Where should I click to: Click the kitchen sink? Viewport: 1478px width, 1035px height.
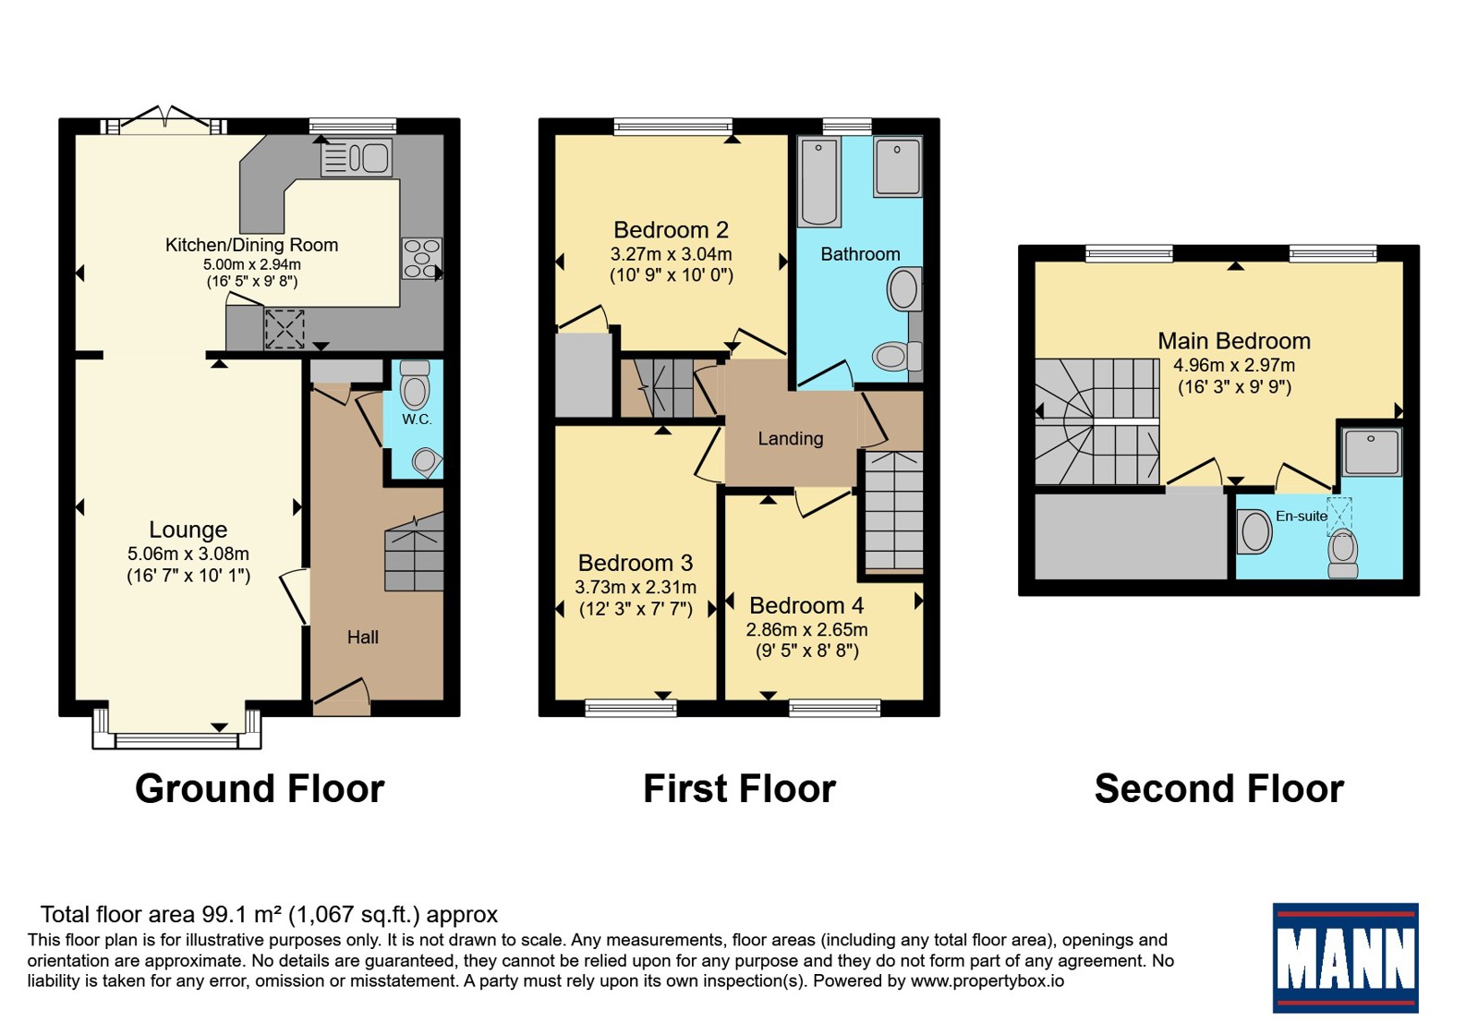357,157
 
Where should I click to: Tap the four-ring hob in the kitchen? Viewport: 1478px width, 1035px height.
421,258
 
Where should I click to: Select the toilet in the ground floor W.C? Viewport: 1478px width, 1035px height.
415,384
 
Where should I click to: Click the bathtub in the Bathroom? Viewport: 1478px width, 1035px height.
818,181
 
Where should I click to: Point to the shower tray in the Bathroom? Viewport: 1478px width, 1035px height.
897,166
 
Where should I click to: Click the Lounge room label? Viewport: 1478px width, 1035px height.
188,530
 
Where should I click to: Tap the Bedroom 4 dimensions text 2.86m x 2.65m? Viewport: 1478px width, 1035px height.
807,629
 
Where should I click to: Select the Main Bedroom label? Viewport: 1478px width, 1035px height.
1234,341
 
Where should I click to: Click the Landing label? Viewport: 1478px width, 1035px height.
791,438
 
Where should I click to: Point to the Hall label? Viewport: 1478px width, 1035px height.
363,637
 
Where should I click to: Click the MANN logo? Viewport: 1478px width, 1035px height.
1345,957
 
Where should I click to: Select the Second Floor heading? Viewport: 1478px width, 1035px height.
1219,788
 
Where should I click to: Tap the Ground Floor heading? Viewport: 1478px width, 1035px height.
260,788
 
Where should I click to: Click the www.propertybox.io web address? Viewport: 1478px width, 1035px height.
987,980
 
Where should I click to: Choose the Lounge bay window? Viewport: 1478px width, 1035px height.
176,731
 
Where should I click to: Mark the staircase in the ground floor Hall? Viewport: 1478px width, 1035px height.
414,554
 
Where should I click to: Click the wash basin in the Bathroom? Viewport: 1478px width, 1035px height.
904,289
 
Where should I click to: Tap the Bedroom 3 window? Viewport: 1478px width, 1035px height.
631,708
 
